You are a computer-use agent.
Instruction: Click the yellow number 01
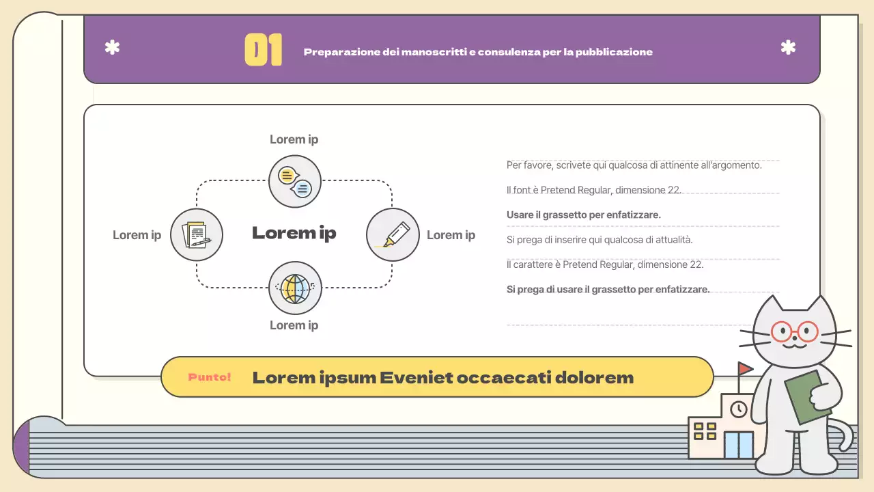(x=263, y=51)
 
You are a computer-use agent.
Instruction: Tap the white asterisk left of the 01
(x=112, y=48)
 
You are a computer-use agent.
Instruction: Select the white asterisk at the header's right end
(x=788, y=48)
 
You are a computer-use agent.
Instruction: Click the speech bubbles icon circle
(x=295, y=181)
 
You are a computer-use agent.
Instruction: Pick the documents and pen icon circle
(x=197, y=234)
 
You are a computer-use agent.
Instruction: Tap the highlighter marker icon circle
(x=393, y=234)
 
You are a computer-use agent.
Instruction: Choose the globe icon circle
(x=295, y=288)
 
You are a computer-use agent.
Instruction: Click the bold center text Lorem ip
(x=294, y=233)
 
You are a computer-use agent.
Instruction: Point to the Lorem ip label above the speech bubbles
(x=294, y=139)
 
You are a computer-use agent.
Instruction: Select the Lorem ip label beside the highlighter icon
(x=451, y=235)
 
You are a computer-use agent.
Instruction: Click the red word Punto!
(x=210, y=377)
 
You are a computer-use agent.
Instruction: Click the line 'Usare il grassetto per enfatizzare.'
(x=584, y=215)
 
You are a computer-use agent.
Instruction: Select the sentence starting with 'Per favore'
(x=634, y=165)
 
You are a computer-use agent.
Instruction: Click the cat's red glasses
(x=794, y=332)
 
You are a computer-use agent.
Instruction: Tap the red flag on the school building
(x=744, y=368)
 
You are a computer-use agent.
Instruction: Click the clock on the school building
(x=738, y=409)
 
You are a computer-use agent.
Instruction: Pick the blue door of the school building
(x=739, y=445)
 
